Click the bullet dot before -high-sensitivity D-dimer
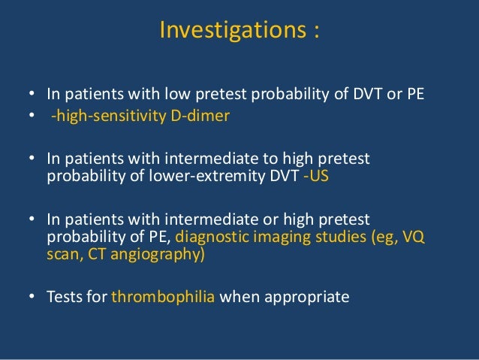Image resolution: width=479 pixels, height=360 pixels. [x=32, y=116]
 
